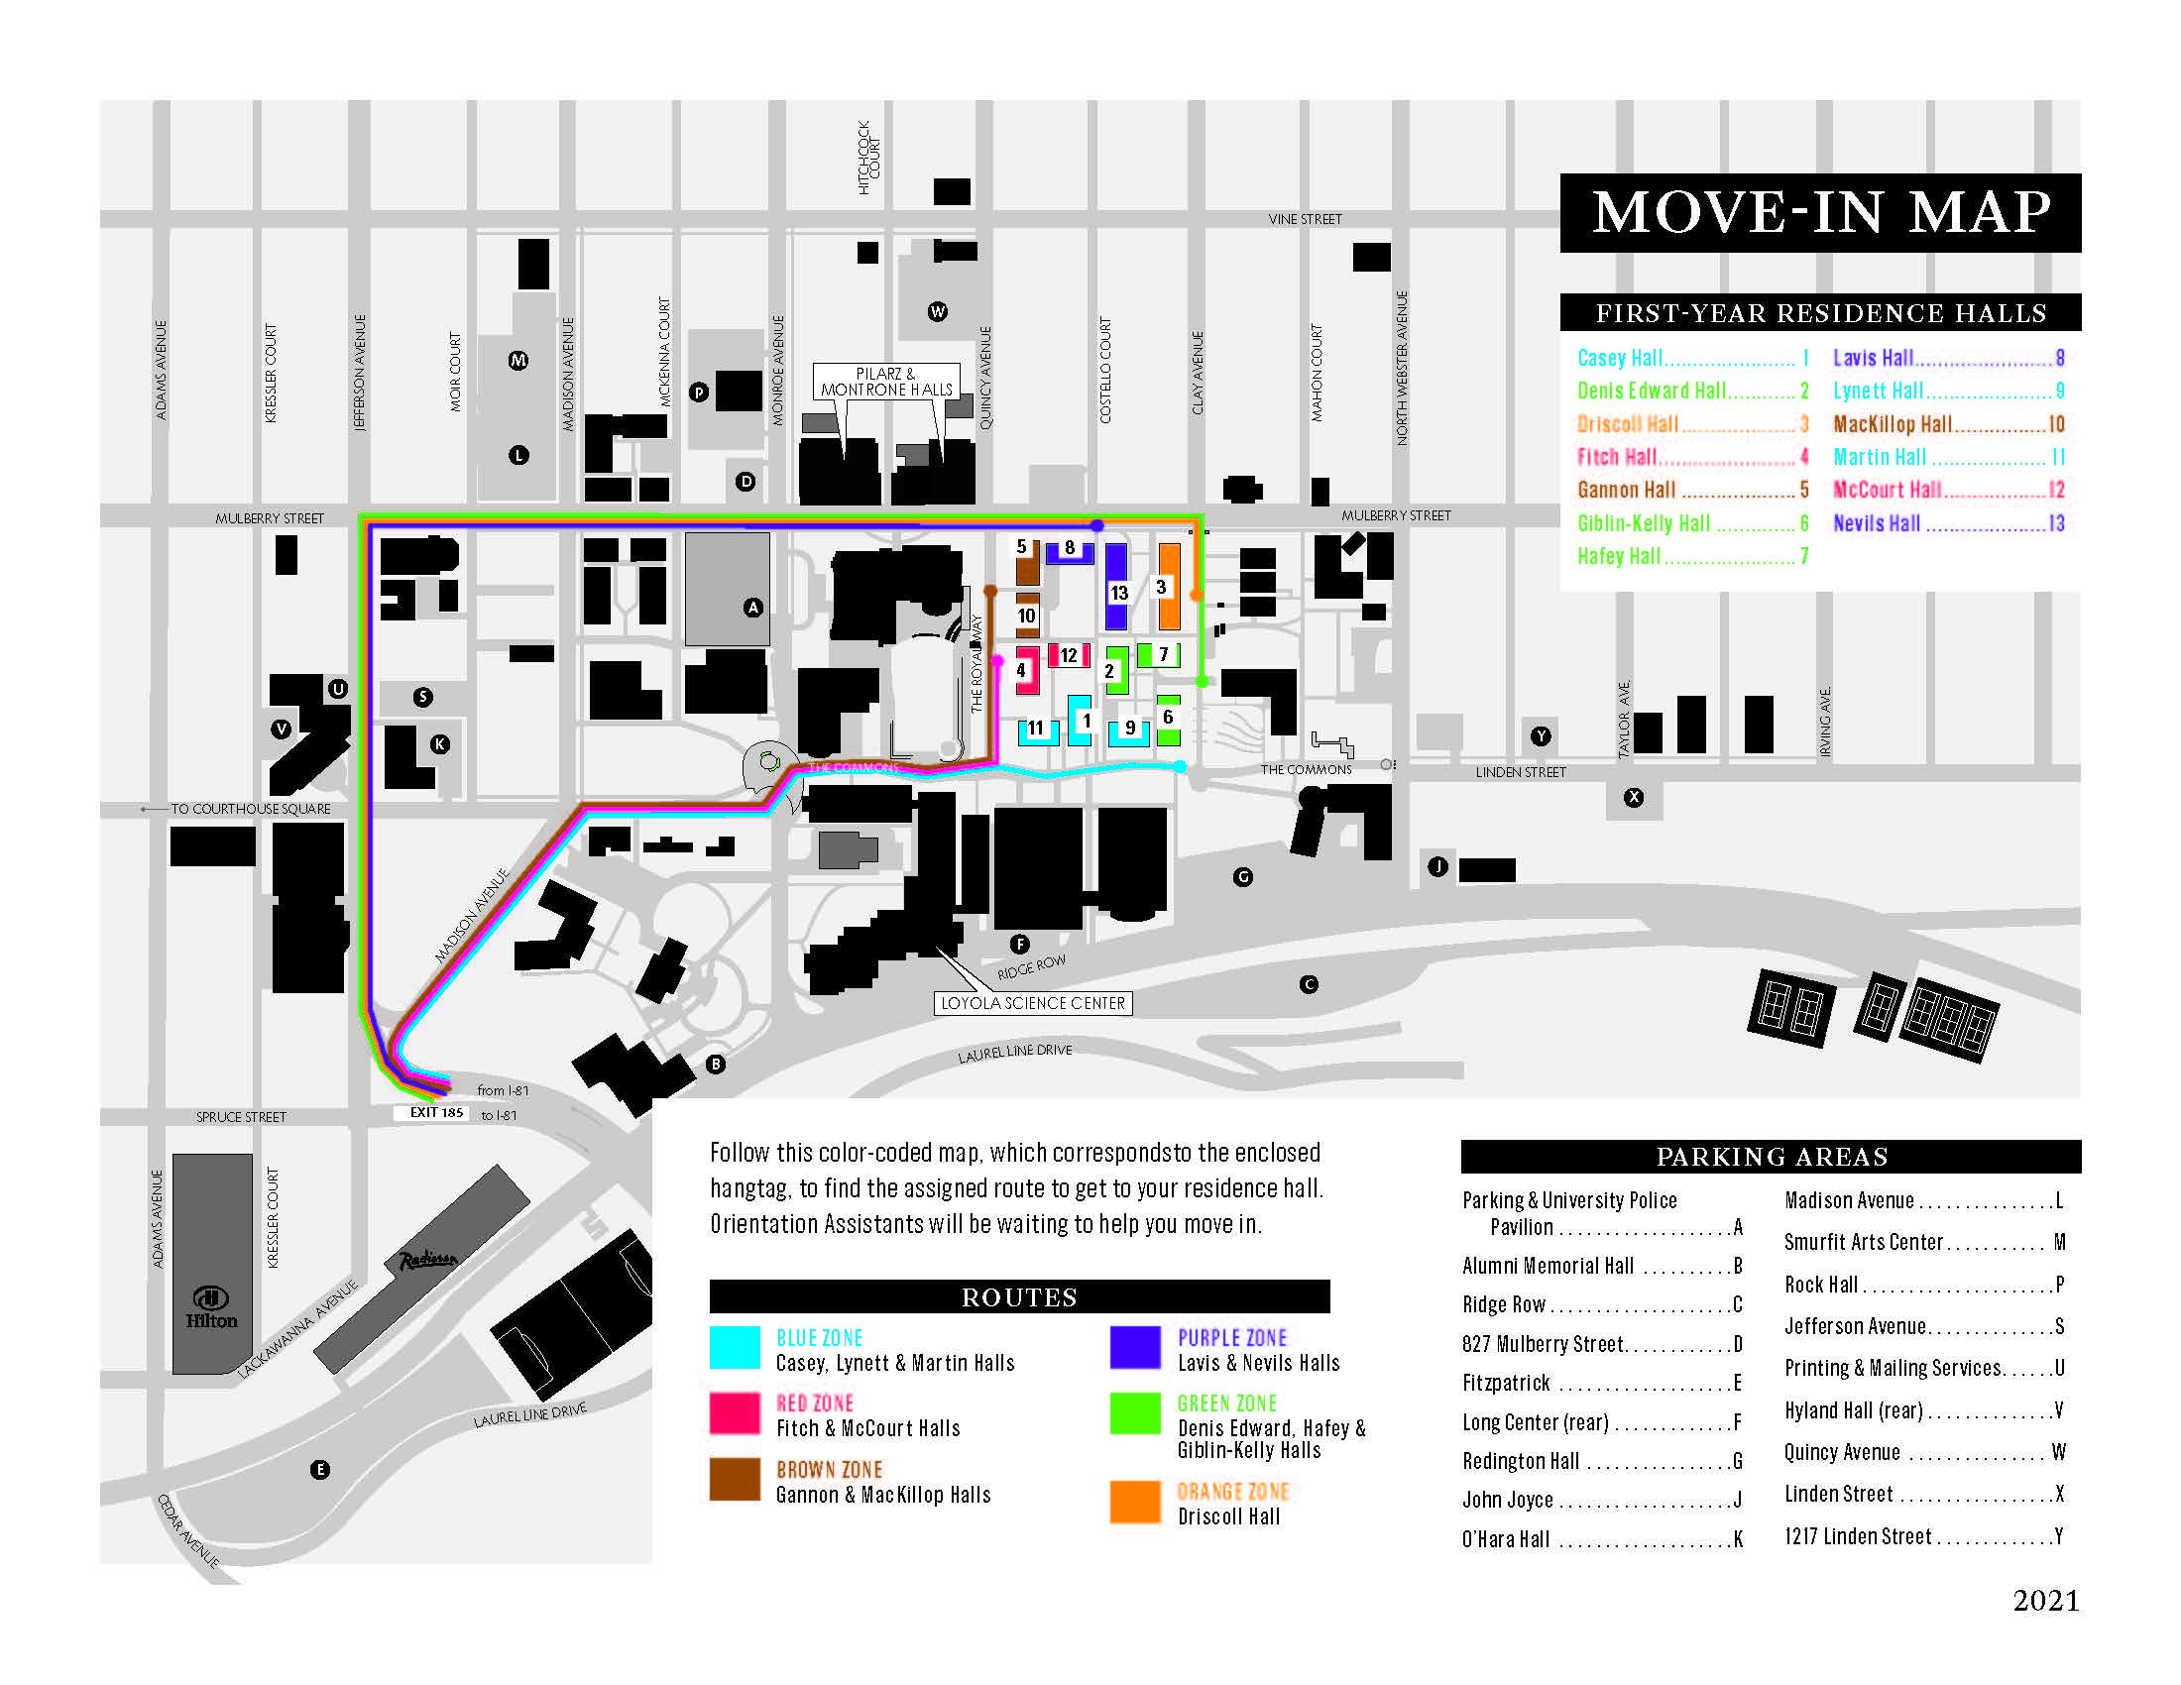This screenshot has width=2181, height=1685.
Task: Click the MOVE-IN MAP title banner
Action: pos(1819,213)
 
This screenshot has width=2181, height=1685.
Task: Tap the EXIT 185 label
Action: pos(436,1112)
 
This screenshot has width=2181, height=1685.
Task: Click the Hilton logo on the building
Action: pos(211,1306)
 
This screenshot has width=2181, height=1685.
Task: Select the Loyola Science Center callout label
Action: pos(1033,1003)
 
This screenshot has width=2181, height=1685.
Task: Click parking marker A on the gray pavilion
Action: pos(753,607)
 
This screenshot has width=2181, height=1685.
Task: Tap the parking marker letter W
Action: pos(937,311)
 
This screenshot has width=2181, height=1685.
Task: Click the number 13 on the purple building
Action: pos(1118,593)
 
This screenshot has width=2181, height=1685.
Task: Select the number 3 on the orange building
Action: pos(1161,587)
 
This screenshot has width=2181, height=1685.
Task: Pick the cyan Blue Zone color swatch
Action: pos(735,1347)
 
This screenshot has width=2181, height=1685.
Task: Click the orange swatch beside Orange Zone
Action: pos(1135,1502)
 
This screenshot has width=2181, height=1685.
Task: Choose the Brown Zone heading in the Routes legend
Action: pos(829,1469)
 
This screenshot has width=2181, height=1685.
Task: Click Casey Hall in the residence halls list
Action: pos(1620,358)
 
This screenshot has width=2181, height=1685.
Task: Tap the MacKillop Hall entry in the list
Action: pos(1892,424)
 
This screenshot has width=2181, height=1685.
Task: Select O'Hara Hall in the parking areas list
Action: pos(1506,1539)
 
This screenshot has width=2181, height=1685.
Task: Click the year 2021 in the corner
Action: pos(2045,1600)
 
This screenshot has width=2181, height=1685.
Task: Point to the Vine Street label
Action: pos(1305,219)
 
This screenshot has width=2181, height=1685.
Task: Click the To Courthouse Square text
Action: pos(250,809)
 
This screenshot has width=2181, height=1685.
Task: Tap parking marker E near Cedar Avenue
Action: pos(319,1469)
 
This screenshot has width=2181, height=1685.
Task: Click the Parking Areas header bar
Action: pos(1771,1156)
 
